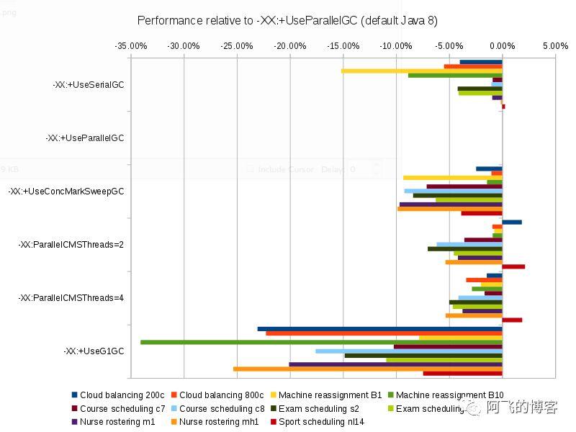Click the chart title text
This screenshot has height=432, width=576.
click(287, 20)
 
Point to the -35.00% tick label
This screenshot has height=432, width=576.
click(131, 46)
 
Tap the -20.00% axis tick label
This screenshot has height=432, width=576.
click(290, 46)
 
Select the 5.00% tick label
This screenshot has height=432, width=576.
click(555, 46)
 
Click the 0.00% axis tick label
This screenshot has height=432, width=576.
click(502, 46)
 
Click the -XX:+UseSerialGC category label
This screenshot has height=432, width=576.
click(88, 84)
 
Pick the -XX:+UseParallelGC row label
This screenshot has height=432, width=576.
click(84, 138)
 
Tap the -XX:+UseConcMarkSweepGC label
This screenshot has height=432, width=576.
click(66, 191)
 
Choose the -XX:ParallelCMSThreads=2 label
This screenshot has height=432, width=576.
click(71, 244)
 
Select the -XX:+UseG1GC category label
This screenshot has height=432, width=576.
click(94, 351)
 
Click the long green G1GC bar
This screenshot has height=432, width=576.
click(320, 342)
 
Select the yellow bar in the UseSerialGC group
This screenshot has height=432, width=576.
click(421, 71)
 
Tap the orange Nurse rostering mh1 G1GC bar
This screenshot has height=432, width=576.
click(367, 369)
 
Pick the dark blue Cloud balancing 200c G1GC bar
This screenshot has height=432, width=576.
click(379, 329)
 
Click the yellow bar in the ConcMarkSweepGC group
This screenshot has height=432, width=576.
click(452, 177)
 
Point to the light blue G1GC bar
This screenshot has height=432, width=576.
click(408, 351)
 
